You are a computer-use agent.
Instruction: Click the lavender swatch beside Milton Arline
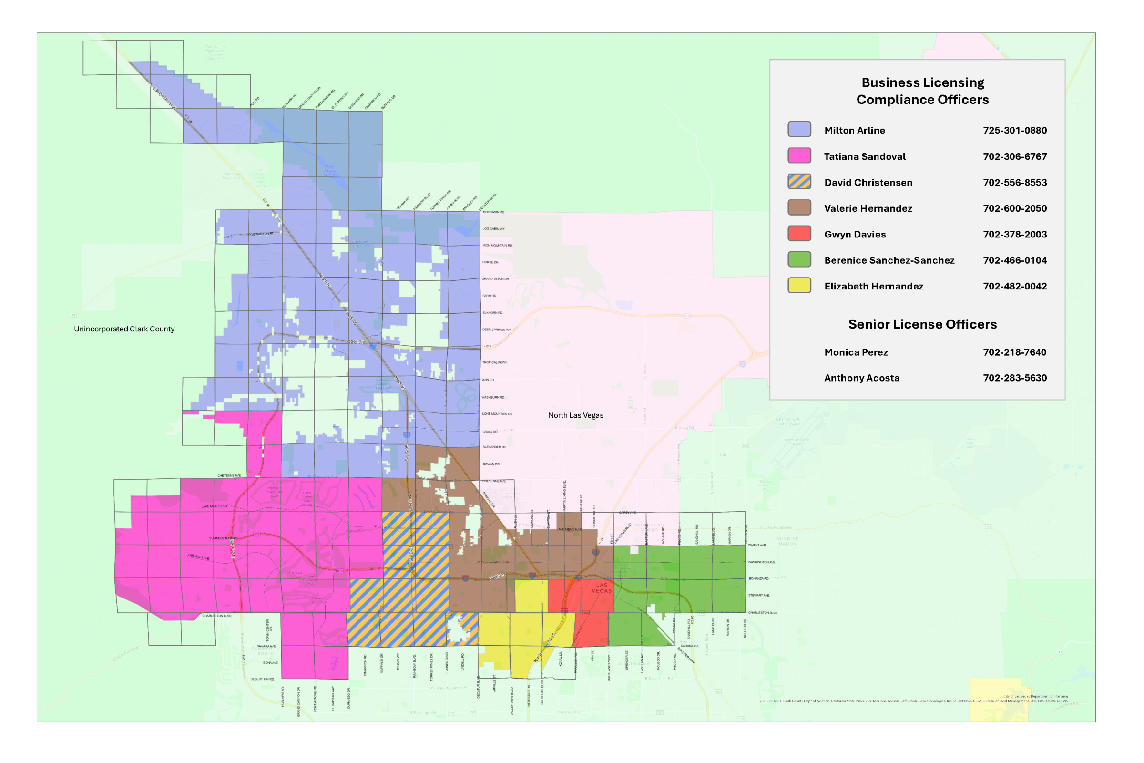point(799,129)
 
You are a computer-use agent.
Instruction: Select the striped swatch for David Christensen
point(799,182)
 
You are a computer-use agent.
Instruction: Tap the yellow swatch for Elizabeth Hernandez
point(799,285)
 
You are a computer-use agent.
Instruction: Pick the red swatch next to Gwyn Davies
point(799,233)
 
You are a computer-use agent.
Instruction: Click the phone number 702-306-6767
point(1015,156)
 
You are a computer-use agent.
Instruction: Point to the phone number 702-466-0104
point(1015,260)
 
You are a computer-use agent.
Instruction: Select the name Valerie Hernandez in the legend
point(868,208)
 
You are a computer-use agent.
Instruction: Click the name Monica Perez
point(856,352)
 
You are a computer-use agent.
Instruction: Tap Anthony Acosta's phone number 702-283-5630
point(1015,378)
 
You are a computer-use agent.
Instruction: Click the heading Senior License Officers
point(922,324)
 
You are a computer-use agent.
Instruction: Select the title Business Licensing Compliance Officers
point(922,91)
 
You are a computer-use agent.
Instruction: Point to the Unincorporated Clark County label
point(124,329)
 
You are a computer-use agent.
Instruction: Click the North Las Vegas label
point(575,415)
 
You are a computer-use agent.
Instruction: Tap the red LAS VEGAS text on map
point(602,588)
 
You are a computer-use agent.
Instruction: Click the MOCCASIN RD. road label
point(493,212)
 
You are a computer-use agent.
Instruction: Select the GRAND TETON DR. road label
point(495,279)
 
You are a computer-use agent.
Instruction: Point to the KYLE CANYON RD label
point(261,234)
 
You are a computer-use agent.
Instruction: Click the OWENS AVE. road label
point(757,545)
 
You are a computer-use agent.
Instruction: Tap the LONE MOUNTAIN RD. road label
point(497,413)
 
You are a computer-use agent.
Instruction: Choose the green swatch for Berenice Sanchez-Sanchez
point(799,259)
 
